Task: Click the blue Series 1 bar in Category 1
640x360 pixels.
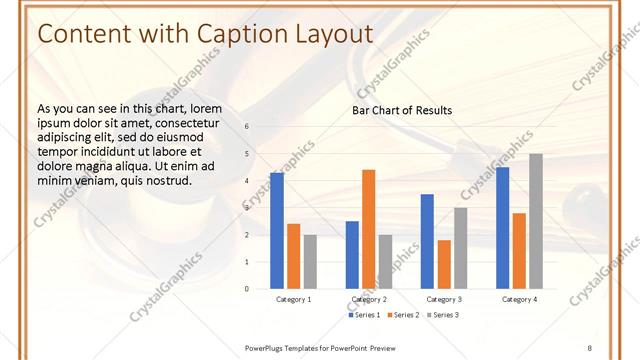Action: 277,231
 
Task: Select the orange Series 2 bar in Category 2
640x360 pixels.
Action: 368,229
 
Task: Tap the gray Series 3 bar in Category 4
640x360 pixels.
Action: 536,221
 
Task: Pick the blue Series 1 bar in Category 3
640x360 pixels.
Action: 427,241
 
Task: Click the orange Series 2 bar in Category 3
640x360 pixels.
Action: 444,264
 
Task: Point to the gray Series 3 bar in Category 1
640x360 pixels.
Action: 310,262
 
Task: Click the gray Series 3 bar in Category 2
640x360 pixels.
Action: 385,262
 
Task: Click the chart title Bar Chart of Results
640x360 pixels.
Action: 402,110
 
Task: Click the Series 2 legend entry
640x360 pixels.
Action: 403,315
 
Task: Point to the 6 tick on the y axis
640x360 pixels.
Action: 247,127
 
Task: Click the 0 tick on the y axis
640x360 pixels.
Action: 247,289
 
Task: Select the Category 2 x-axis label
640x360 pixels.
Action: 369,299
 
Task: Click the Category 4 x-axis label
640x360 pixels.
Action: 518,299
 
